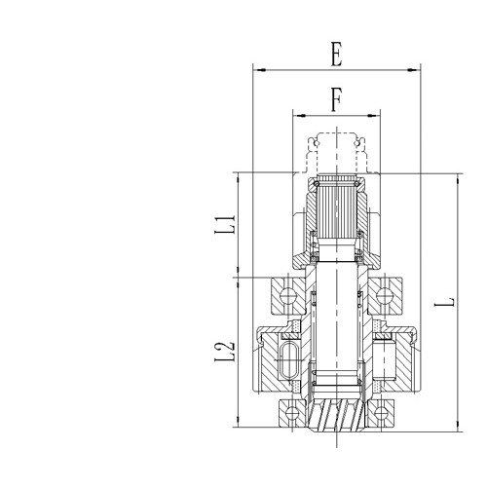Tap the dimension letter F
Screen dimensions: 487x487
coord(335,100)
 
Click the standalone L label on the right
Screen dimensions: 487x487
coord(444,302)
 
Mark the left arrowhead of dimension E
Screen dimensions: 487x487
coord(256,69)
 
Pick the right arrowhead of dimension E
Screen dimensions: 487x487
coord(420,69)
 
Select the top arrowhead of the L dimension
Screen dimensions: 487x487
coord(456,177)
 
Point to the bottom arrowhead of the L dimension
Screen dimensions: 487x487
coord(456,427)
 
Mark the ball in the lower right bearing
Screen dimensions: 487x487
coord(388,412)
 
